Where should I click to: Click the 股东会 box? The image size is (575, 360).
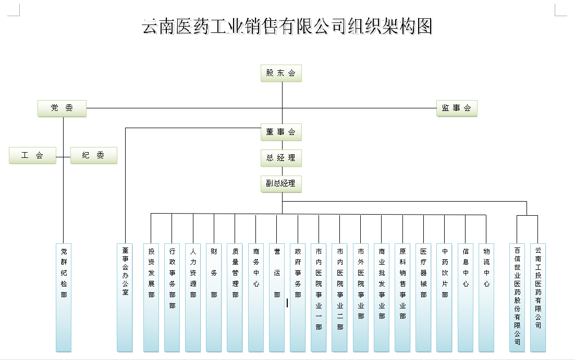(281, 73)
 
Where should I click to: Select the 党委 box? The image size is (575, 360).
(62, 108)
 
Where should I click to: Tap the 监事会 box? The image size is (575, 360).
(457, 108)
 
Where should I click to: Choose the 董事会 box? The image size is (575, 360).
(281, 132)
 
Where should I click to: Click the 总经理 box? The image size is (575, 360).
(281, 158)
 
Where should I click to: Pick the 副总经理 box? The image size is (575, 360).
(281, 183)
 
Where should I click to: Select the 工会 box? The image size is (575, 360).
(32, 155)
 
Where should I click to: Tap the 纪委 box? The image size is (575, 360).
(93, 155)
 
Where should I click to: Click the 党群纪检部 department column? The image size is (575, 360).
(64, 297)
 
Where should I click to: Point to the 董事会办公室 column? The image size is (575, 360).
(125, 297)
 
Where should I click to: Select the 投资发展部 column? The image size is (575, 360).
(151, 297)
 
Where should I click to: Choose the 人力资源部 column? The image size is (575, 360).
(193, 297)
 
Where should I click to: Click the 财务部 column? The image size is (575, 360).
(214, 297)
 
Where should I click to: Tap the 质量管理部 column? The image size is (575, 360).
(235, 297)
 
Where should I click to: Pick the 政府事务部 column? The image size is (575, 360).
(298, 297)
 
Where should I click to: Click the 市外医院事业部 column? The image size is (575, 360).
(361, 297)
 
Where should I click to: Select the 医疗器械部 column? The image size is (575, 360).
(423, 297)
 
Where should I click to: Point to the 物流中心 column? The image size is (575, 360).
(486, 297)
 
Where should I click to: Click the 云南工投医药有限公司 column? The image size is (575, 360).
(538, 297)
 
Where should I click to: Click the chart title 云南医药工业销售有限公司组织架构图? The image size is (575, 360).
(287, 26)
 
